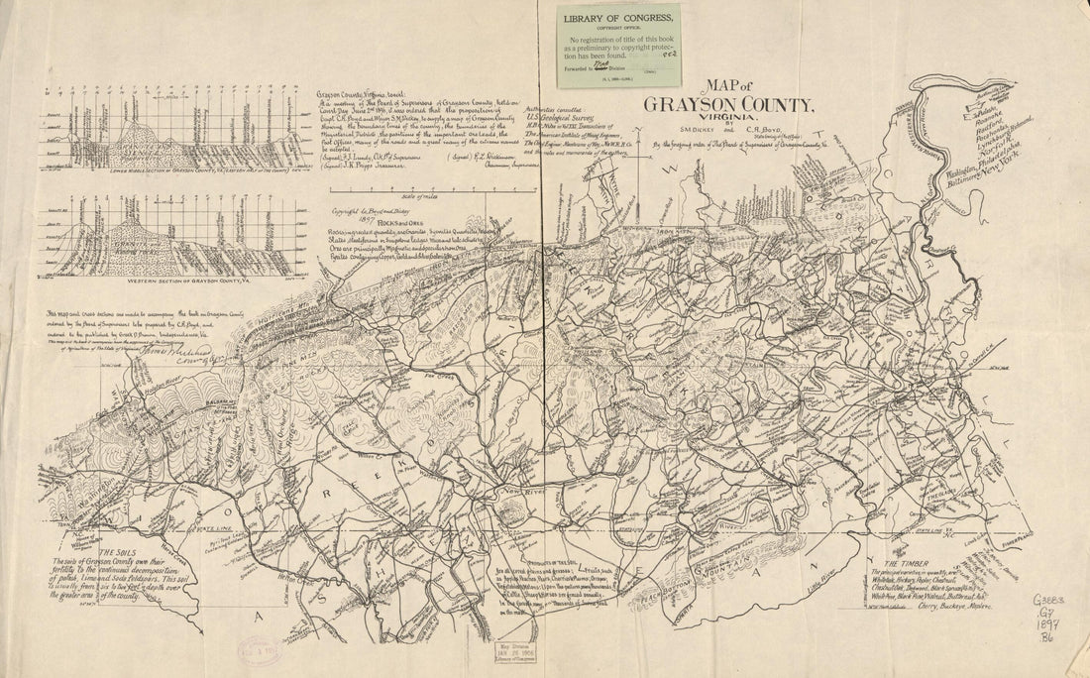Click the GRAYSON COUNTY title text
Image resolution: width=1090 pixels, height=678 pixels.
[x=730, y=105]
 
